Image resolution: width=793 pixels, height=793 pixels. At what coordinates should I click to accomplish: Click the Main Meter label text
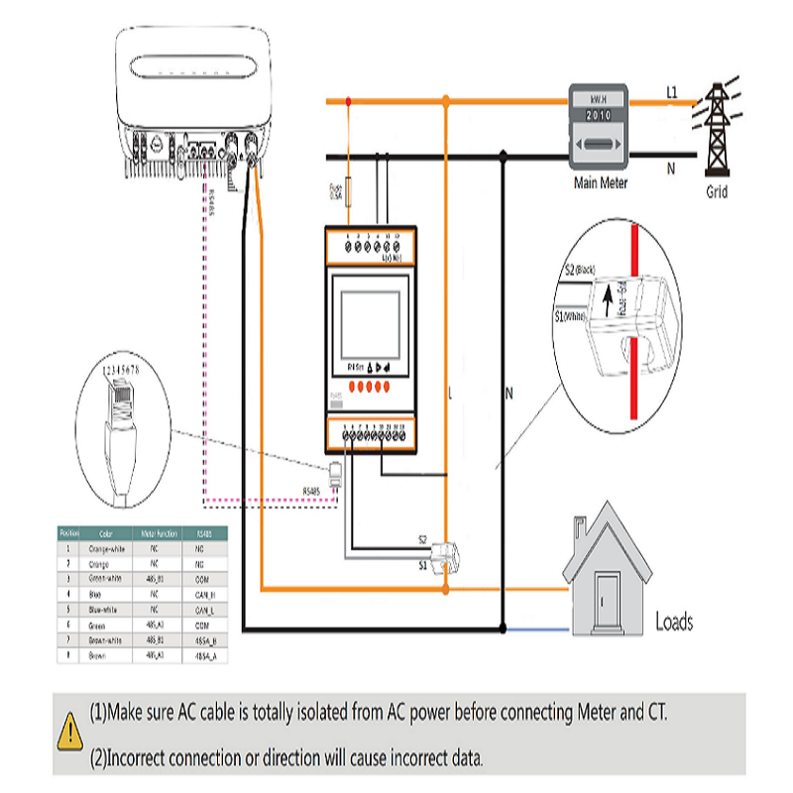[601, 183]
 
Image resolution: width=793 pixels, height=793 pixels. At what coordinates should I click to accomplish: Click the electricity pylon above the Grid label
[716, 129]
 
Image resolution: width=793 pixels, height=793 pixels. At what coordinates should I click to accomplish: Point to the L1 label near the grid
[671, 93]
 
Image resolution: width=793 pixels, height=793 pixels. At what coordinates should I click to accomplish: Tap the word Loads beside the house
[674, 623]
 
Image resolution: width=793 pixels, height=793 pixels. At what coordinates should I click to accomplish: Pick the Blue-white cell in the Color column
[106, 611]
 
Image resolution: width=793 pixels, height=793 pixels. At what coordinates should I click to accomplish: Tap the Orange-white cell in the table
[106, 548]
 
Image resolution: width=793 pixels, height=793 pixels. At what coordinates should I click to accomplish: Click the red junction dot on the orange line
[348, 100]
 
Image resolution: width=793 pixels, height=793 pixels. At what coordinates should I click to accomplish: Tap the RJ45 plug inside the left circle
[120, 416]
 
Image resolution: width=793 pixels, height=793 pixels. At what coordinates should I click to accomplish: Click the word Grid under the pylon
[717, 192]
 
